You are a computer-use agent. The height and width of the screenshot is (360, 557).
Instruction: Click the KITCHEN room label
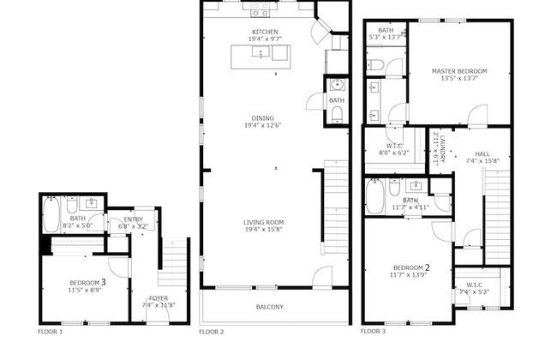click(265, 32)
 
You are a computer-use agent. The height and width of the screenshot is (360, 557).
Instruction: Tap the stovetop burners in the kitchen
click(261, 11)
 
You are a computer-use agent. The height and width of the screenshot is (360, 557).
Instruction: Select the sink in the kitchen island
click(261, 54)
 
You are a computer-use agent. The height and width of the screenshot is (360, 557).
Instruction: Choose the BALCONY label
click(270, 307)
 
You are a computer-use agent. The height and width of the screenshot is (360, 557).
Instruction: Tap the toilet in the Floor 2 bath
click(337, 117)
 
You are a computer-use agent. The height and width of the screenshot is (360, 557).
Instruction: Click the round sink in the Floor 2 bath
click(336, 84)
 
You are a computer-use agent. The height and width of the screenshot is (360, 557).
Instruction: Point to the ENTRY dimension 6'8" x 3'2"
click(134, 226)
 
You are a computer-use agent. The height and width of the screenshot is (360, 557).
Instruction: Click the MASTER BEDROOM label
click(459, 71)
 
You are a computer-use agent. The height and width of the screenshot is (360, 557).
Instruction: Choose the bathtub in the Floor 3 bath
click(375, 198)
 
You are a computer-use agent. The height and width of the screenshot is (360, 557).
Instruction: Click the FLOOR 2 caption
click(212, 331)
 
